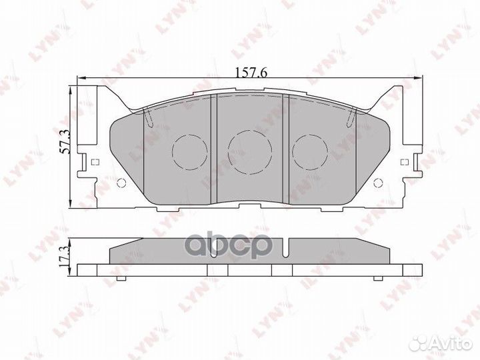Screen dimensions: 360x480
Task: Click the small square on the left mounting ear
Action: pos(94,162)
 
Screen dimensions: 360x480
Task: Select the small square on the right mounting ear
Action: pos(404,162)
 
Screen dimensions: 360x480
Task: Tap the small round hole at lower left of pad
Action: pos(120,185)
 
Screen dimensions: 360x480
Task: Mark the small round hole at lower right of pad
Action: pos(378,185)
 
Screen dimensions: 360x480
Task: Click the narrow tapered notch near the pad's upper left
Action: pos(149,117)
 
